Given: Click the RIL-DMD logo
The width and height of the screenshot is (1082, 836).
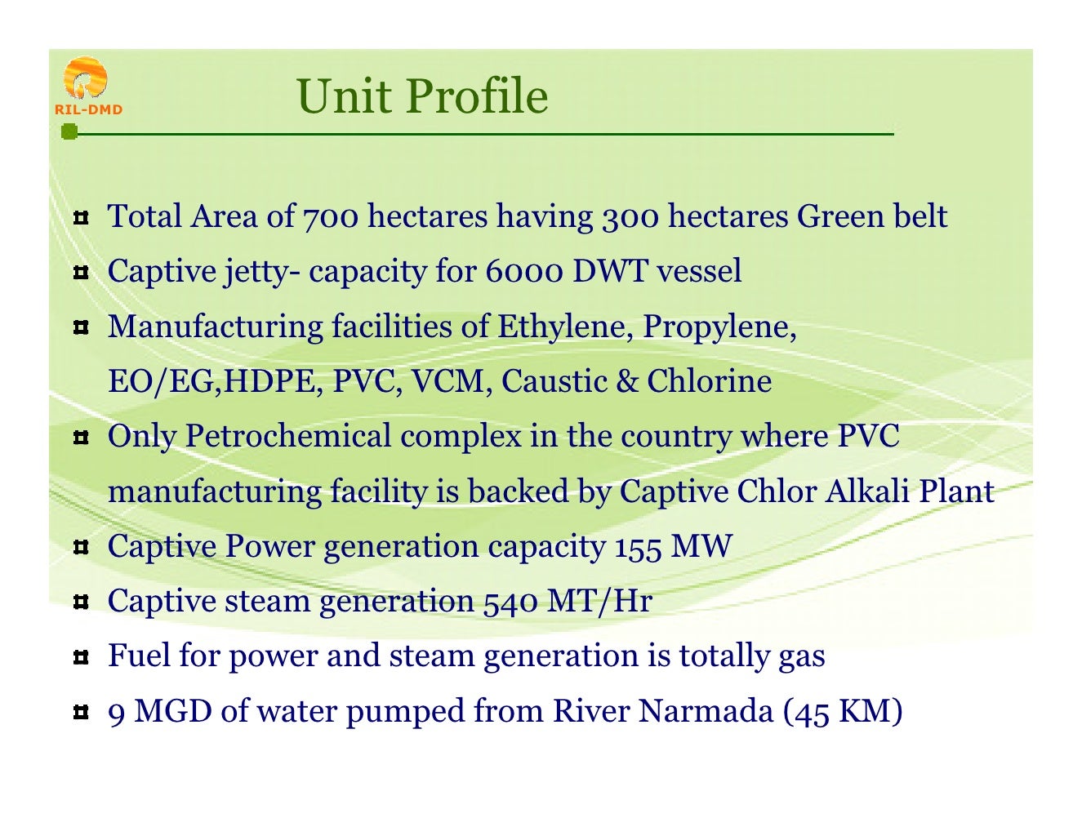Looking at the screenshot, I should pyautogui.click(x=87, y=86).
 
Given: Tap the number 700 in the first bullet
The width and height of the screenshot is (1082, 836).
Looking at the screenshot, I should pyautogui.click(x=330, y=217).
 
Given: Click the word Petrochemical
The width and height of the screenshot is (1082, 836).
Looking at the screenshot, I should pyautogui.click(x=288, y=437).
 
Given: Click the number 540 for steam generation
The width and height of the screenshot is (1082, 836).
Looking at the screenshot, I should pyautogui.click(x=510, y=602).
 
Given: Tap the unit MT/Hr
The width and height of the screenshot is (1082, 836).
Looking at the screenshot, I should pyautogui.click(x=599, y=602).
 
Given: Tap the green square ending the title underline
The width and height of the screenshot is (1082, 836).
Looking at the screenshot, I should pyautogui.click(x=69, y=132).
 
